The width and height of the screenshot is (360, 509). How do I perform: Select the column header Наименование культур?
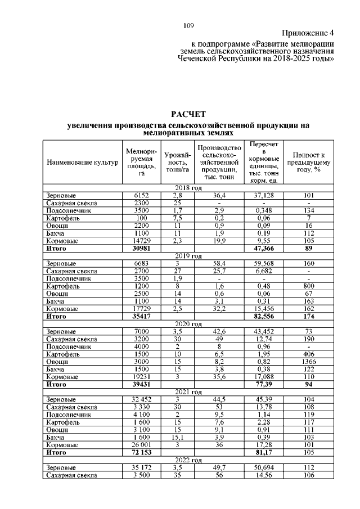tap(83, 163)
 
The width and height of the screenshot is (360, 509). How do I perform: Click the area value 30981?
tap(137, 247)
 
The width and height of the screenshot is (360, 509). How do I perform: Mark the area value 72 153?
tap(137, 452)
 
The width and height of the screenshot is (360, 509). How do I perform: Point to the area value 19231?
tap(137, 377)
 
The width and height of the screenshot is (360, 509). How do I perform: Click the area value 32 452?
tap(137, 399)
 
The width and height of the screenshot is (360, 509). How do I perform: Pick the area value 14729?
tap(137, 240)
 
